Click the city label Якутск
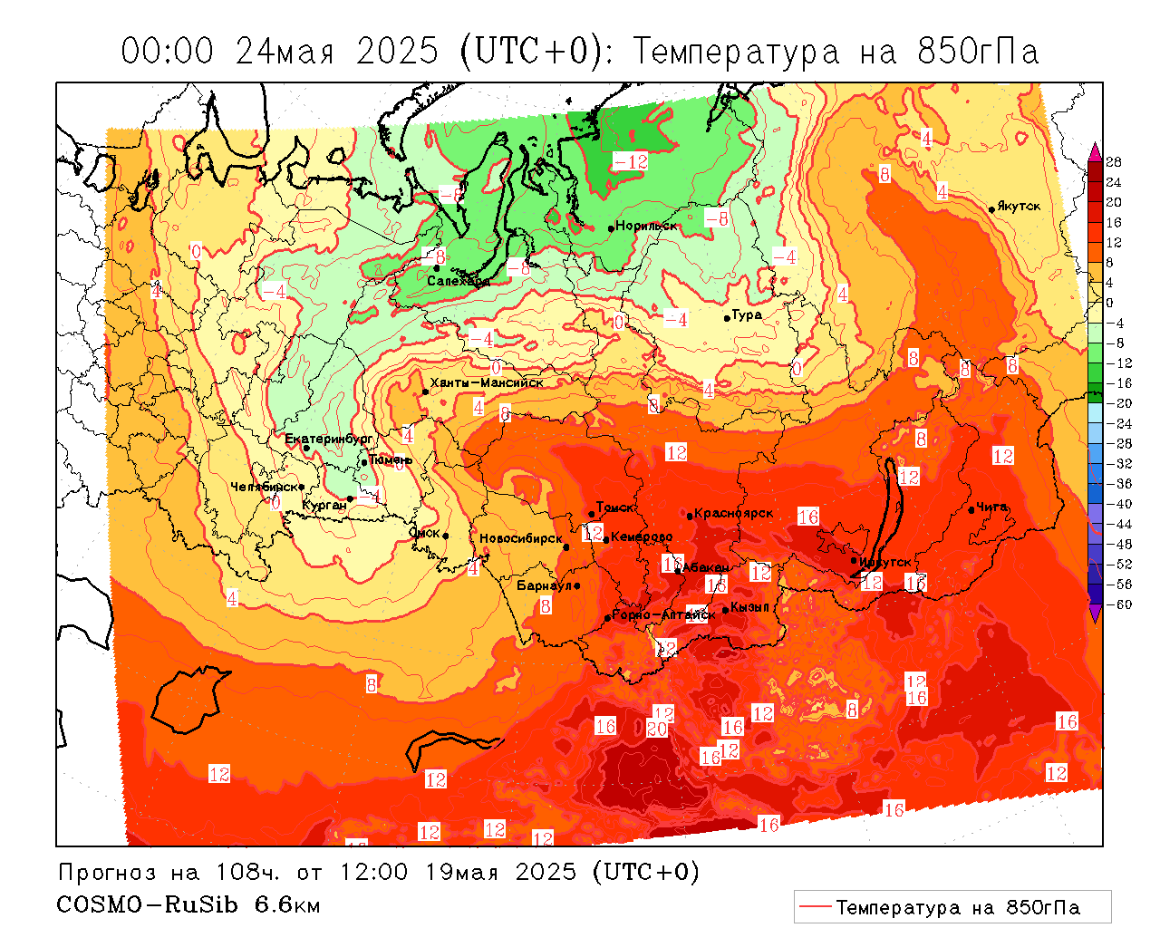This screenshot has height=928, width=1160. (1019, 206)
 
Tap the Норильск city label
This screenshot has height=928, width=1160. (646, 226)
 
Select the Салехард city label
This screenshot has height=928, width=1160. (459, 281)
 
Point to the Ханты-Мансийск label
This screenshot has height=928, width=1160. (487, 382)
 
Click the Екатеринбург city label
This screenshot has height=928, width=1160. (329, 439)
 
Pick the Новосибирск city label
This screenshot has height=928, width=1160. (521, 538)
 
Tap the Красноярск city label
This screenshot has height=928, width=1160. (734, 513)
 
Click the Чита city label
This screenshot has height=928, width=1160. (991, 507)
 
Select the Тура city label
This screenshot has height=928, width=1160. (747, 314)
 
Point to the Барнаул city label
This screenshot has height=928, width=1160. (544, 585)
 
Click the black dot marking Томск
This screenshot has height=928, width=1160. (592, 514)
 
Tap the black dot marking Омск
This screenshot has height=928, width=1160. (446, 536)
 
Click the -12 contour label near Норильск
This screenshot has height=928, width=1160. (631, 161)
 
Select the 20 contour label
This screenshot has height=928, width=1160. (657, 729)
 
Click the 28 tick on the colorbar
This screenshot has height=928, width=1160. (1114, 162)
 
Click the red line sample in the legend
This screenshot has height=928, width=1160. (815, 907)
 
